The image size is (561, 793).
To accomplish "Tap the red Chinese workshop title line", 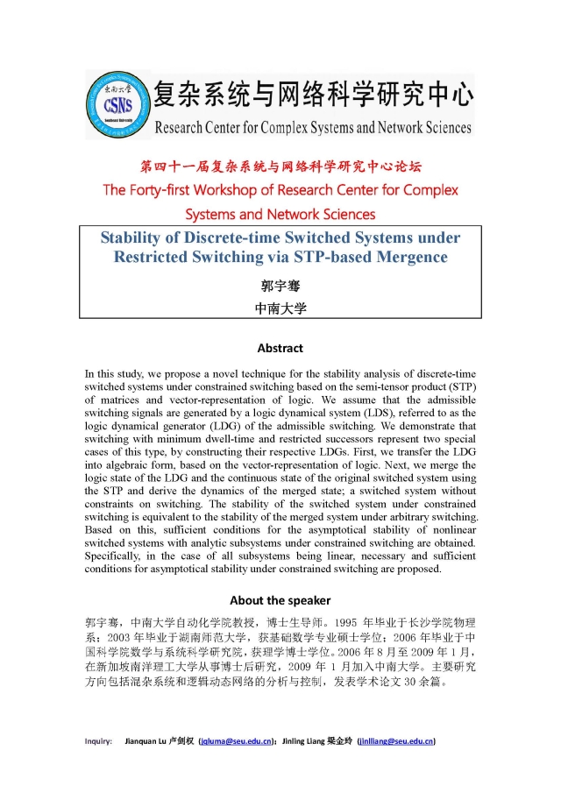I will point(280,166).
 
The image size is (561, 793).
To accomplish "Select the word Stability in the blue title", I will point(133,237).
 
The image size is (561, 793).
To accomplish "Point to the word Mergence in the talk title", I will point(407,257).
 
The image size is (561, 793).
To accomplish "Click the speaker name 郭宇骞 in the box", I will point(280,286).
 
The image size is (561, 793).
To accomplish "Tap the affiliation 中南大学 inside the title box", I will point(280,308).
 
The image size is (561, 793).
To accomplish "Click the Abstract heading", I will point(280,348).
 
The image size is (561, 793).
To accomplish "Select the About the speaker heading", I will point(280,600).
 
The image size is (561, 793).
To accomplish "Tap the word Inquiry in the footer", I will point(98,741).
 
